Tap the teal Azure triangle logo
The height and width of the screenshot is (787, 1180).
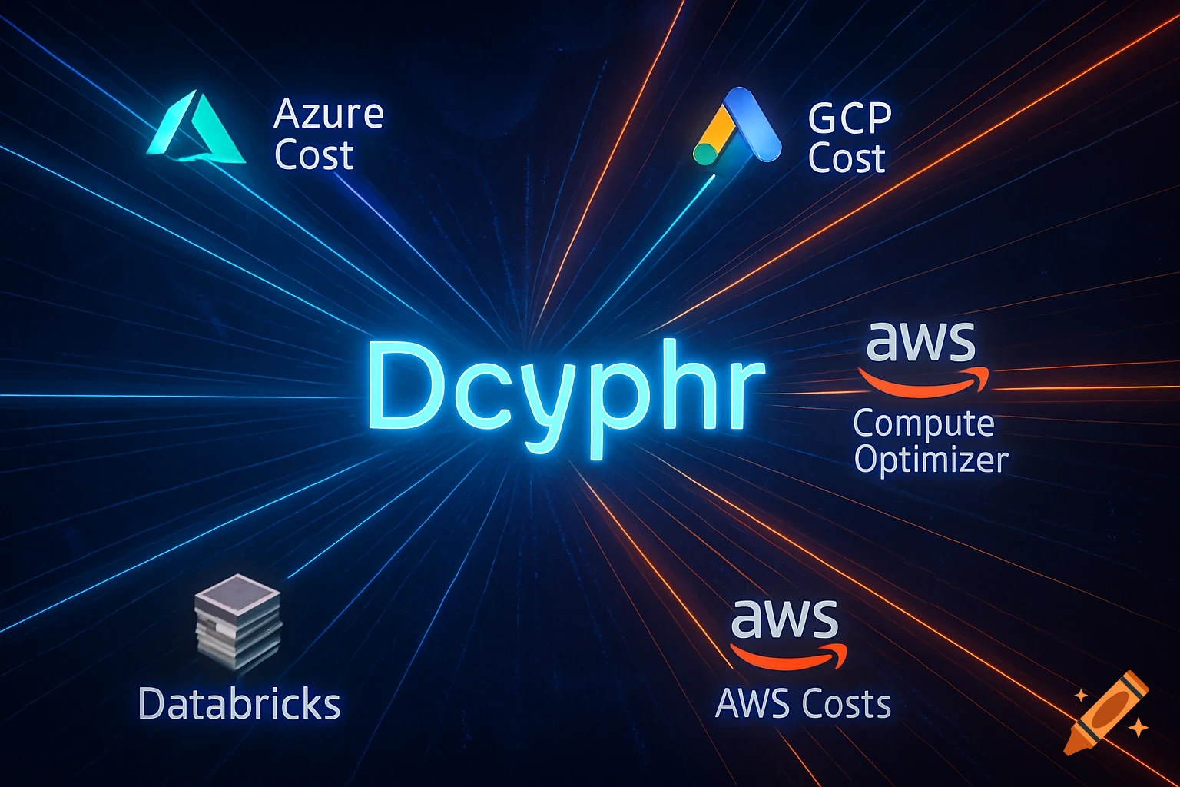[196, 131]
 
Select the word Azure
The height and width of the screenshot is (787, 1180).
[328, 114]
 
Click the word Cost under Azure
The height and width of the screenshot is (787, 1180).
[313, 155]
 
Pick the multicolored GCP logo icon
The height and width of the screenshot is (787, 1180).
[737, 127]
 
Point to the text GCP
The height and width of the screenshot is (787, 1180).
[850, 118]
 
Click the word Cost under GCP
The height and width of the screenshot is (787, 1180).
[847, 158]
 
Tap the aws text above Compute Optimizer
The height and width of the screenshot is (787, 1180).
[920, 342]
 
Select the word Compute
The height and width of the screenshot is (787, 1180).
[923, 423]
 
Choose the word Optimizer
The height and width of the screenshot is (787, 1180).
[930, 460]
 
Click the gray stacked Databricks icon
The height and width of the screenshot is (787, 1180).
[238, 620]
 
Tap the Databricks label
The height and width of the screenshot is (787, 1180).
[239, 704]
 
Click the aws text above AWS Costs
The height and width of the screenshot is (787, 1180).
[784, 619]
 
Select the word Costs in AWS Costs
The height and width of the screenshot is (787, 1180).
[845, 703]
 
